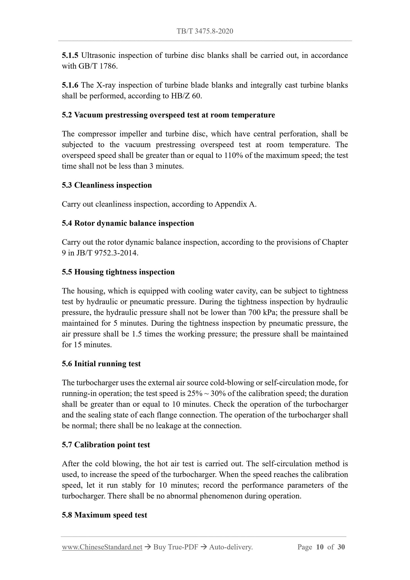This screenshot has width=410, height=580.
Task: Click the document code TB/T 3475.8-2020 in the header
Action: pos(205,31)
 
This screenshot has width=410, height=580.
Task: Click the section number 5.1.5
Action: pos(70,55)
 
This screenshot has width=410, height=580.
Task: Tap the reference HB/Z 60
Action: pos(186,96)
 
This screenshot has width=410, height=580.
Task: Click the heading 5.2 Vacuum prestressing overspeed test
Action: pos(168,115)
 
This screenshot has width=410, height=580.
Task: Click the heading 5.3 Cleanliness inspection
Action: pos(107,185)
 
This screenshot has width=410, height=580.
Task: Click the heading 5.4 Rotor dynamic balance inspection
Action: pos(128,223)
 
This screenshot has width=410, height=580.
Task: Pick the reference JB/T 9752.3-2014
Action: pos(107,253)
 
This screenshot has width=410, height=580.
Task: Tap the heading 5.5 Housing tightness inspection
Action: pos(118,272)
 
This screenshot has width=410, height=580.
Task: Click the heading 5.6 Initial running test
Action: pos(101,364)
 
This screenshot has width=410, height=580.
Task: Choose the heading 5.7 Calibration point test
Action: pos(106,445)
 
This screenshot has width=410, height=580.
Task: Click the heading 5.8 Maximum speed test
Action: pos(104,515)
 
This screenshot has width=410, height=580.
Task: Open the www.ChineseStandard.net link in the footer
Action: pos(102,547)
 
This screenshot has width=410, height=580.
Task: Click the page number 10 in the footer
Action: pos(319,547)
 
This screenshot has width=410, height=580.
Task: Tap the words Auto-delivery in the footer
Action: pos(231,547)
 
